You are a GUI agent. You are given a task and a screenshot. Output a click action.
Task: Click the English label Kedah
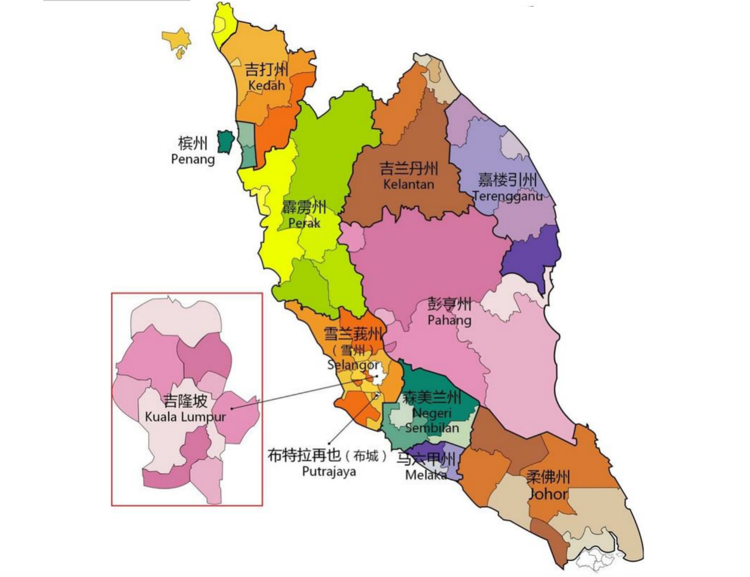coord(266,86)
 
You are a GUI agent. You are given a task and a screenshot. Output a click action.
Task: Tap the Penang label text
coord(193,159)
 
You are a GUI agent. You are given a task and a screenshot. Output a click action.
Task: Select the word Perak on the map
coord(304,223)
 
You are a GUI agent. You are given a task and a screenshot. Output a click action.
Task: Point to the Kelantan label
coord(409,184)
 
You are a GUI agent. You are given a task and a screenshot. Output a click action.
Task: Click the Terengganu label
coord(508,196)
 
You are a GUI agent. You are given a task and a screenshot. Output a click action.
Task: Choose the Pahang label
coord(450,320)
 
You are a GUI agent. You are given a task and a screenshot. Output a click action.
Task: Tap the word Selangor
coord(353,365)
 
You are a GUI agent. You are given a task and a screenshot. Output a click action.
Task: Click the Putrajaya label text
coord(329,471)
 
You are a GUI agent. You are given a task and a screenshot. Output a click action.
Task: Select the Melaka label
coord(426,475)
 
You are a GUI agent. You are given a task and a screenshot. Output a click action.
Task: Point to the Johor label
coord(548,494)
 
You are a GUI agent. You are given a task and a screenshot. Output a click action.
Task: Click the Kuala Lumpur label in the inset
coord(185,416)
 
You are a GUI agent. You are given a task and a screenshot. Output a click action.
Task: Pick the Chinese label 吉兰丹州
coord(409,169)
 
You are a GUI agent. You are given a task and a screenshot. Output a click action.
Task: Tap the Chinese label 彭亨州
coord(450,304)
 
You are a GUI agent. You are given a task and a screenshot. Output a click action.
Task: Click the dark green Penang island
coord(225,141)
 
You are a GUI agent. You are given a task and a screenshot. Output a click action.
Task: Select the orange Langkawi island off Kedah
coord(176,39)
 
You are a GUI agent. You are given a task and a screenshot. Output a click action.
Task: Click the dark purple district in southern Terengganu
coord(531,255)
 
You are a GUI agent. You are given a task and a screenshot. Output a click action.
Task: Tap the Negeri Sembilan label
coord(432,420)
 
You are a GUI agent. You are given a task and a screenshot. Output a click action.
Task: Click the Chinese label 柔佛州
coord(548,477)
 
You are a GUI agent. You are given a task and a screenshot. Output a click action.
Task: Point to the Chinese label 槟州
coord(193,143)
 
